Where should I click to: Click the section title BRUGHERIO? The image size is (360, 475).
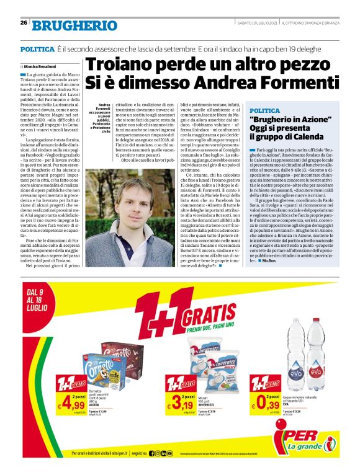pos(74,25)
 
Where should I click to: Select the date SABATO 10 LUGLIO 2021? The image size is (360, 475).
pos(254,23)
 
